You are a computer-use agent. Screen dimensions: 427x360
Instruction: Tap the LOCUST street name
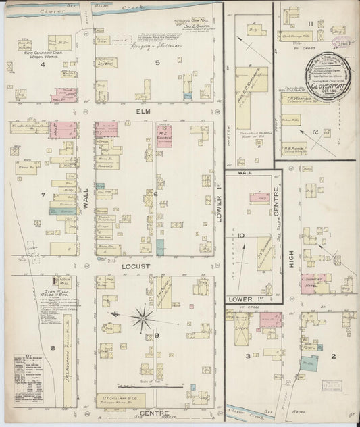[135, 267]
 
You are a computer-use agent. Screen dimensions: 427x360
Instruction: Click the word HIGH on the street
[292, 257]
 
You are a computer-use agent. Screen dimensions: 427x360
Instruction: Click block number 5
[157, 64]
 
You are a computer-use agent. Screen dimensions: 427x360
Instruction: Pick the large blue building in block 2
[309, 363]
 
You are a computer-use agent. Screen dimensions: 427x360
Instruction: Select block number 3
[249, 355]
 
